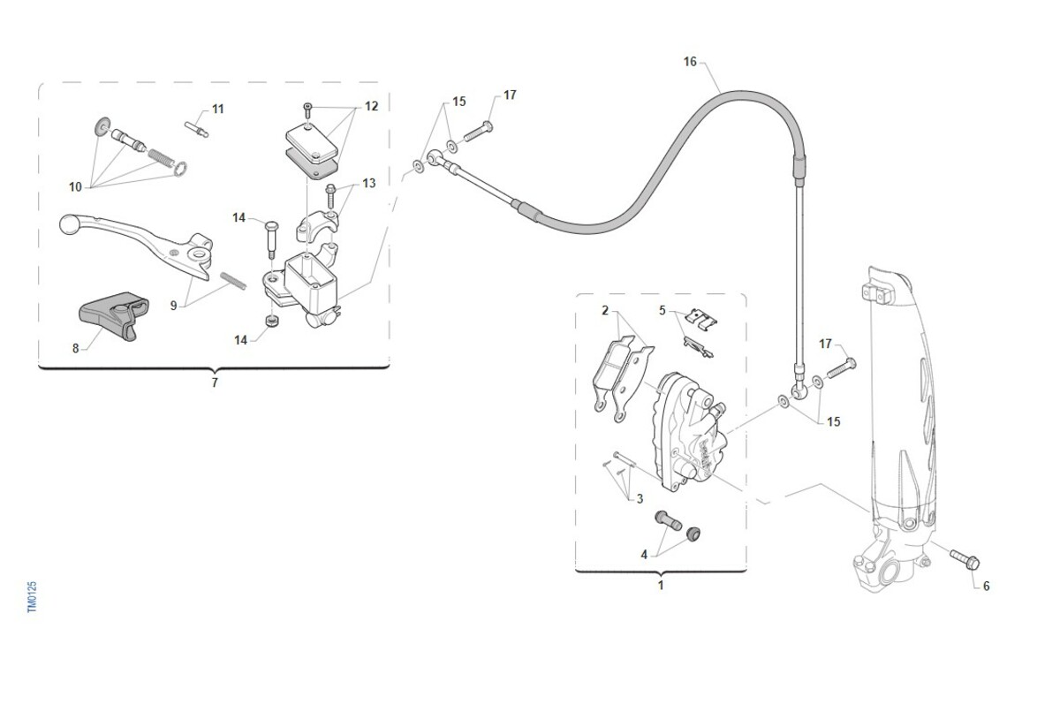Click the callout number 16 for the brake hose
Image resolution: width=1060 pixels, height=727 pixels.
pos(690,62)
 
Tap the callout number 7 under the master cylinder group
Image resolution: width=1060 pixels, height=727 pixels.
pos(214,382)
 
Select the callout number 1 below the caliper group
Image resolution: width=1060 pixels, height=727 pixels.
pos(660,585)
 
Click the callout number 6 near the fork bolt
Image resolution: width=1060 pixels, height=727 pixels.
pos(986,586)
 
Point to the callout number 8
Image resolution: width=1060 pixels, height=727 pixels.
pos(76,348)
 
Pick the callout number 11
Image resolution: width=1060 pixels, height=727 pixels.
pos(217,110)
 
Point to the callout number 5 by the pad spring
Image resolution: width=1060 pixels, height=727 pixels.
pos(662,310)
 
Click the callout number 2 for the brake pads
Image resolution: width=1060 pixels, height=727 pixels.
pos(605,310)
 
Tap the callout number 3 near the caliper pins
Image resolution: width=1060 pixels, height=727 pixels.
pos(639,498)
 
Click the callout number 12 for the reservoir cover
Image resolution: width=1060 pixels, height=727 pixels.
pos(371,106)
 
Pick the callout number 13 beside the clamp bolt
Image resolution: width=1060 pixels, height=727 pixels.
pos(368,183)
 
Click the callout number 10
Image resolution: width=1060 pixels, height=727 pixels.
pos(76,187)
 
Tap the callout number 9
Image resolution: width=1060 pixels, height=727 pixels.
pos(174,306)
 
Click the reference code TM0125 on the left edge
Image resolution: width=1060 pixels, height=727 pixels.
pos(32,597)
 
